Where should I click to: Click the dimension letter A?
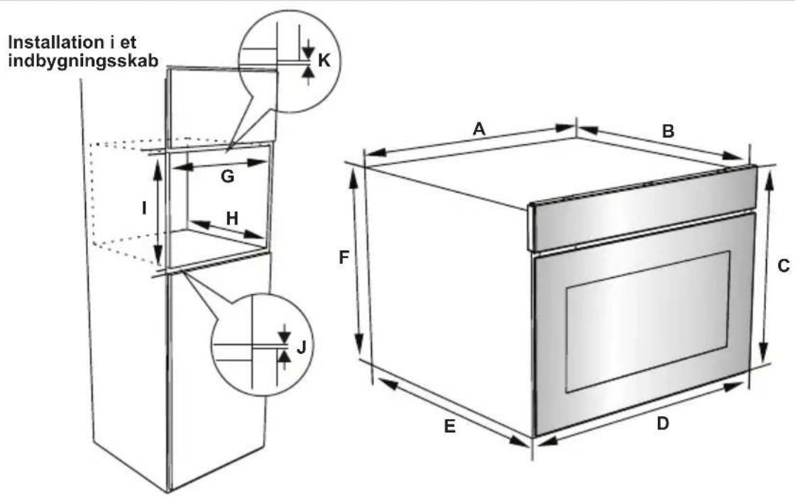(x=479, y=129)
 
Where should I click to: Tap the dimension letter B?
(x=668, y=131)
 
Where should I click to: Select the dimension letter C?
(x=784, y=265)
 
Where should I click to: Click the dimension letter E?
(x=450, y=426)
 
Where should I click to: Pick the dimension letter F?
(x=344, y=258)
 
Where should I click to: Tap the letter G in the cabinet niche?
(x=227, y=176)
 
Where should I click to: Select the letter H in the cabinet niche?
(x=231, y=218)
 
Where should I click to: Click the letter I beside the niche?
(x=144, y=207)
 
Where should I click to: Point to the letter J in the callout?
(x=301, y=347)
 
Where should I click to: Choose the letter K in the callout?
(x=324, y=60)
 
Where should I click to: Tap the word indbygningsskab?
(x=83, y=60)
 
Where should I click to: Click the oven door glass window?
(x=647, y=321)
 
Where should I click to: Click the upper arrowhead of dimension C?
(x=769, y=178)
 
